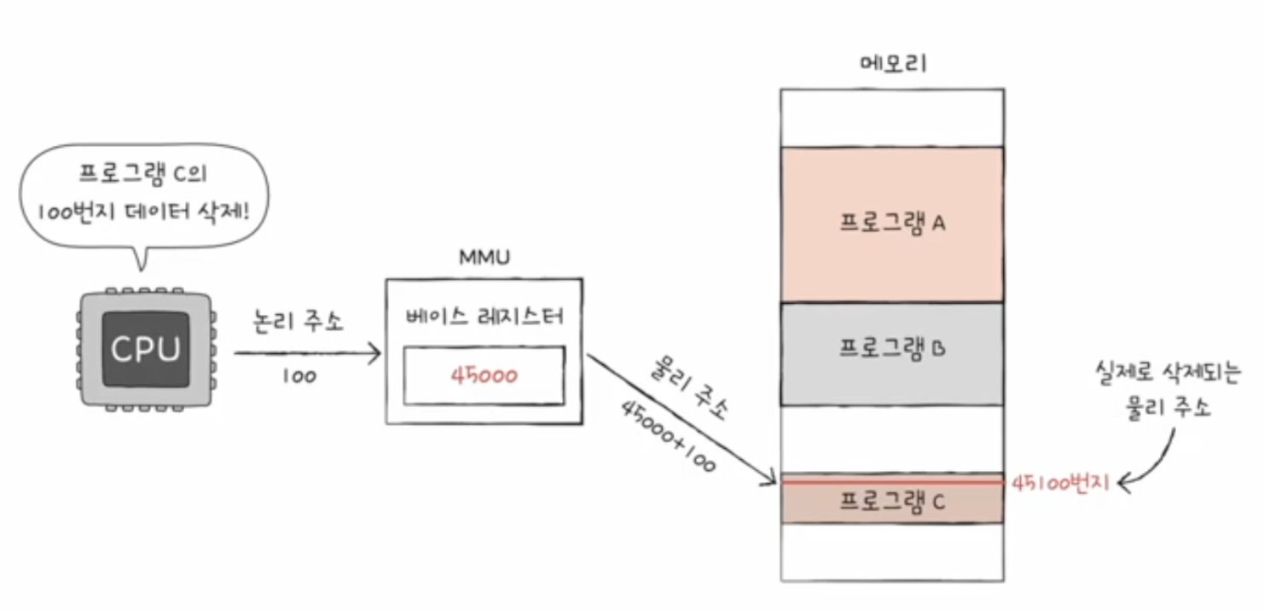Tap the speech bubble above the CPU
[145, 191]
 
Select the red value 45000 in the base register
[484, 375]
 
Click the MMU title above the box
[484, 256]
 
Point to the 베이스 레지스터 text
[484, 317]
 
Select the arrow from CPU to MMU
[307, 351]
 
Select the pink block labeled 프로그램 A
[892, 224]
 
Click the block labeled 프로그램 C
[892, 502]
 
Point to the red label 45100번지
[1061, 483]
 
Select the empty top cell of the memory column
[892, 118]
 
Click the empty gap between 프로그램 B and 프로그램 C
[892, 439]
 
